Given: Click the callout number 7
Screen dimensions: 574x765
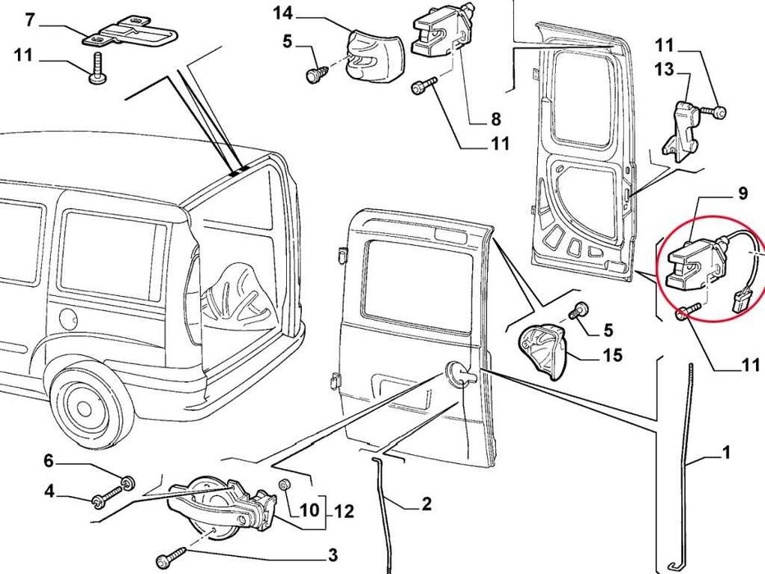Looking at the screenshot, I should [30, 19].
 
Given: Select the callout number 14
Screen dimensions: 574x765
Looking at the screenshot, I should [282, 12].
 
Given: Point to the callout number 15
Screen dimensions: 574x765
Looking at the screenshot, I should [612, 355].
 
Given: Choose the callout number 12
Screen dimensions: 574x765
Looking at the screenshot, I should [344, 512].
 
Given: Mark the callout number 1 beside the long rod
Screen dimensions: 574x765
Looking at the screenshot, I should [726, 452].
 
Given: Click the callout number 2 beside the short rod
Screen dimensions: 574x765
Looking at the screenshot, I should [426, 504].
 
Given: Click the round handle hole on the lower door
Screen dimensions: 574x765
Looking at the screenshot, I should [456, 374].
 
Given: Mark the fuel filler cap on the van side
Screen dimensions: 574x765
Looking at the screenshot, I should [67, 317].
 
